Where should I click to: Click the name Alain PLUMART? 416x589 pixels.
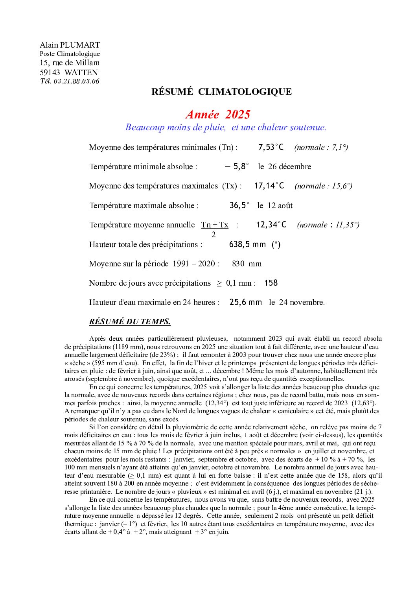point(70,45)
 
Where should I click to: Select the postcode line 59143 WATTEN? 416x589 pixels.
point(69,72)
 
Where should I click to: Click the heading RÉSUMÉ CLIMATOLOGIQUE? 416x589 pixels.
point(221,92)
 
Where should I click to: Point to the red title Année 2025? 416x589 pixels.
point(218,114)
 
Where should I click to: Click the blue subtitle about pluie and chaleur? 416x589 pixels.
point(226,127)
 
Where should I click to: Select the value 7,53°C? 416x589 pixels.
point(271,148)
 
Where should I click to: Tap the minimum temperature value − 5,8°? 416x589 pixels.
point(237,167)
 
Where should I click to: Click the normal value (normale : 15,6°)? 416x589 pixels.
point(323,186)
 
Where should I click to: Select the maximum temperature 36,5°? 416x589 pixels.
point(239,205)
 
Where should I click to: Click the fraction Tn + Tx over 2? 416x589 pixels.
point(215,229)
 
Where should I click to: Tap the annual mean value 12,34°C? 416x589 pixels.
point(271,225)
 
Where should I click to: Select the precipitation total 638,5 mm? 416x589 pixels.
point(247,244)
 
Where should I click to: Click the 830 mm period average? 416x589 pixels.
point(247,264)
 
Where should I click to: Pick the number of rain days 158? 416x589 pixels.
point(271,283)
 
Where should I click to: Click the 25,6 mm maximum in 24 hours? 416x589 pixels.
point(246,302)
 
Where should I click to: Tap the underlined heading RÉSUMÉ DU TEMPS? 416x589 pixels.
point(130,322)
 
